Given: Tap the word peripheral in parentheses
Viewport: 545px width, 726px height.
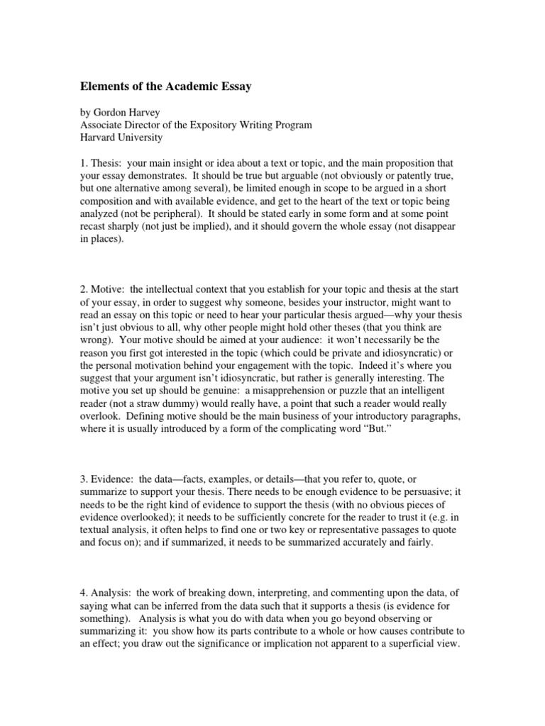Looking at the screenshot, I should (165, 214).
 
